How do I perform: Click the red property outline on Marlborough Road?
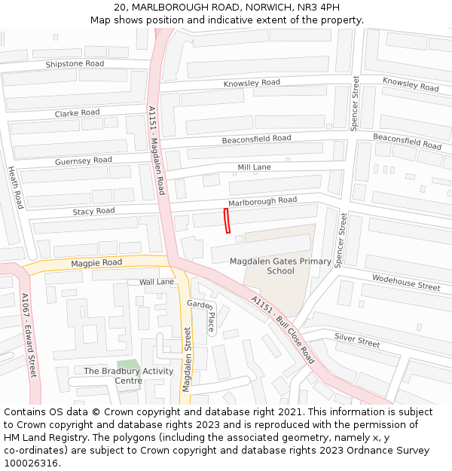click(x=227, y=222)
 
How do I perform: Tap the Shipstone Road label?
click(x=75, y=64)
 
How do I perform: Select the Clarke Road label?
click(x=77, y=113)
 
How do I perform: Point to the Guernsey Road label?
click(x=83, y=161)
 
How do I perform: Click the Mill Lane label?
click(x=254, y=167)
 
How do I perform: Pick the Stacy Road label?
click(x=93, y=212)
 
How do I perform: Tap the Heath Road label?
click(x=16, y=188)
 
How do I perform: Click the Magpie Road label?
click(x=96, y=263)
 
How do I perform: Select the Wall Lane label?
click(x=157, y=282)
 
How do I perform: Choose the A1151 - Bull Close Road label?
click(x=282, y=329)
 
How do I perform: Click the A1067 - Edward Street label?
click(x=29, y=335)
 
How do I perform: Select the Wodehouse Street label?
click(x=406, y=282)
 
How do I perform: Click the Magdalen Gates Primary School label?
click(x=280, y=266)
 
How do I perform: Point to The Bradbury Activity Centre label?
click(x=128, y=375)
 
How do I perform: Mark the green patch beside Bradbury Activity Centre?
click(x=128, y=364)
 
